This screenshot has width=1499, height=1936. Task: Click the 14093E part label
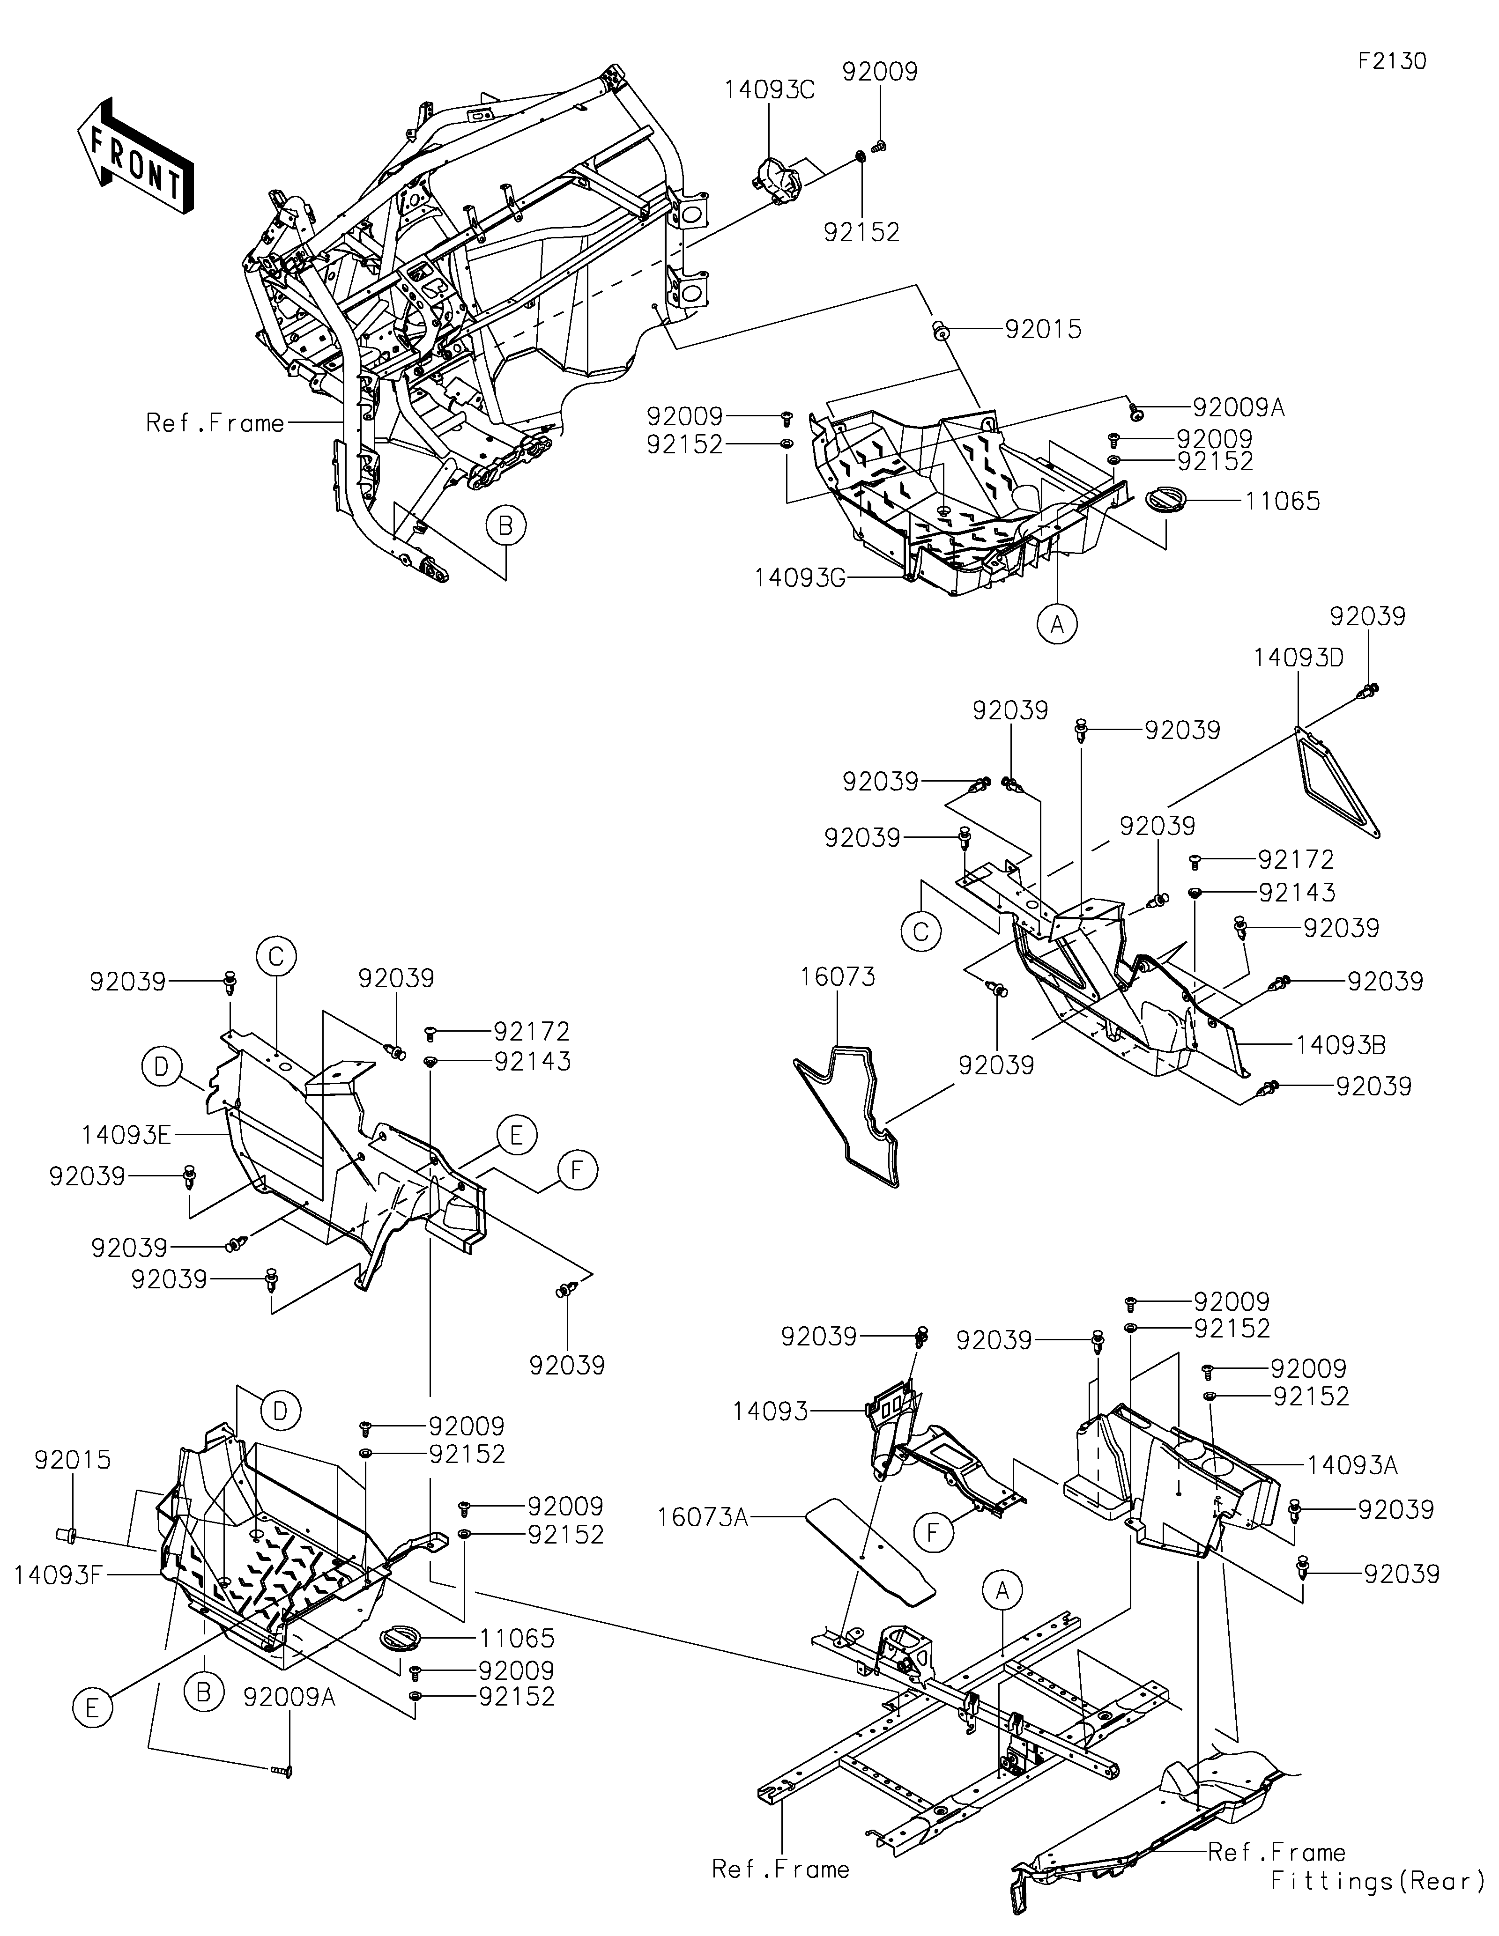pos(126,1135)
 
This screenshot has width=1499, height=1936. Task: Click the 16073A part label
pos(702,1518)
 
